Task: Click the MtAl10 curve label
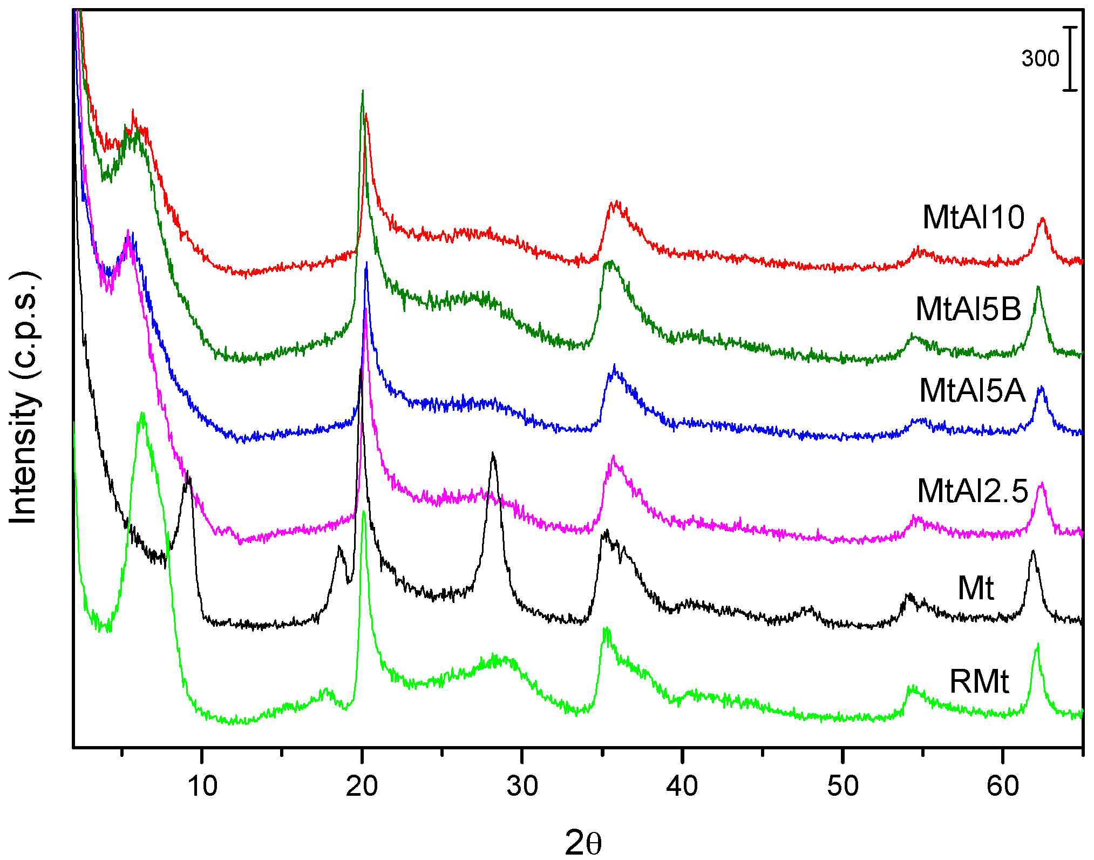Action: [x=973, y=218]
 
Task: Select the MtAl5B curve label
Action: [x=968, y=309]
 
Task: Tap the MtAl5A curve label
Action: [x=972, y=390]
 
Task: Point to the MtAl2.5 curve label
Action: [x=973, y=491]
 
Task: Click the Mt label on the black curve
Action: [x=976, y=588]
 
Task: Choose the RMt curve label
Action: [x=979, y=682]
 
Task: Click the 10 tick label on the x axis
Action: [x=202, y=786]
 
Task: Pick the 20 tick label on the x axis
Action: [x=362, y=786]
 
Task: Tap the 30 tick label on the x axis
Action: [x=522, y=786]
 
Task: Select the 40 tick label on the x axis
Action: [x=682, y=786]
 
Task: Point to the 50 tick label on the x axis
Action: [x=842, y=786]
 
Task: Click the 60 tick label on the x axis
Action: [x=1003, y=786]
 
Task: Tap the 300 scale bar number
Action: [x=1040, y=58]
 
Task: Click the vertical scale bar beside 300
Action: [x=1070, y=58]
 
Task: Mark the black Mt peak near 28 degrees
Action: [x=493, y=454]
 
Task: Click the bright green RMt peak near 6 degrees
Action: [x=142, y=414]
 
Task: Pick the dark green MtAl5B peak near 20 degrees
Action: [x=362, y=92]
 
